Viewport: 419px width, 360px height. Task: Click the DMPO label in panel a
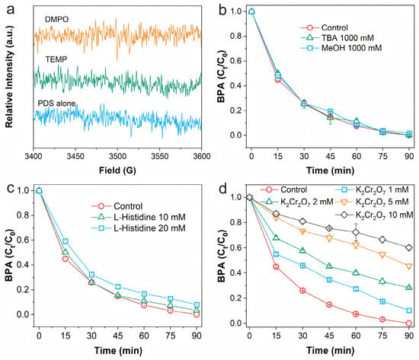[56, 19]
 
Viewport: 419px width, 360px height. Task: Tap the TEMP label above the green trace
[56, 59]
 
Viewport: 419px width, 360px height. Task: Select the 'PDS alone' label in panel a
[56, 104]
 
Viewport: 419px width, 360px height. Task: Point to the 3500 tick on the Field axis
[117, 156]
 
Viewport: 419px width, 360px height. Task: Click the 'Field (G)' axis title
[117, 170]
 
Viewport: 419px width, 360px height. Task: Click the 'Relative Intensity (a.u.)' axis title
[9, 77]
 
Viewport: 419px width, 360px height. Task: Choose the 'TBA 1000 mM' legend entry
[347, 38]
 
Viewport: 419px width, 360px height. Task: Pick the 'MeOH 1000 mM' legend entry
[351, 48]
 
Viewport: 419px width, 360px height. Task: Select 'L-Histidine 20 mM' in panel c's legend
[149, 228]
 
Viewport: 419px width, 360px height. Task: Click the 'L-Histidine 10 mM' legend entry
[149, 217]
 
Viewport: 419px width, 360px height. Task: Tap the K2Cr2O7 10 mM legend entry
[384, 215]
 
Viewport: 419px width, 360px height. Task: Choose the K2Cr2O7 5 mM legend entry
[382, 202]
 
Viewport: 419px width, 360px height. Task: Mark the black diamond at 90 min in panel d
[409, 248]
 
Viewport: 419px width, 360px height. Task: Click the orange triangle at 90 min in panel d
[409, 266]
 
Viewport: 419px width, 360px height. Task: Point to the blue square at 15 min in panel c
[66, 241]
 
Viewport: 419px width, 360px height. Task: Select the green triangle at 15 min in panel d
[276, 237]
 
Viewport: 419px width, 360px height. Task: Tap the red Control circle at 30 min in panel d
[302, 291]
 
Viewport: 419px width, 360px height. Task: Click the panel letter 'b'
[222, 10]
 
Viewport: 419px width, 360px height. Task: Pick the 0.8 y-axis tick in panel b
[236, 36]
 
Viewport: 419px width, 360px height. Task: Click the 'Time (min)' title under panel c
[118, 350]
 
